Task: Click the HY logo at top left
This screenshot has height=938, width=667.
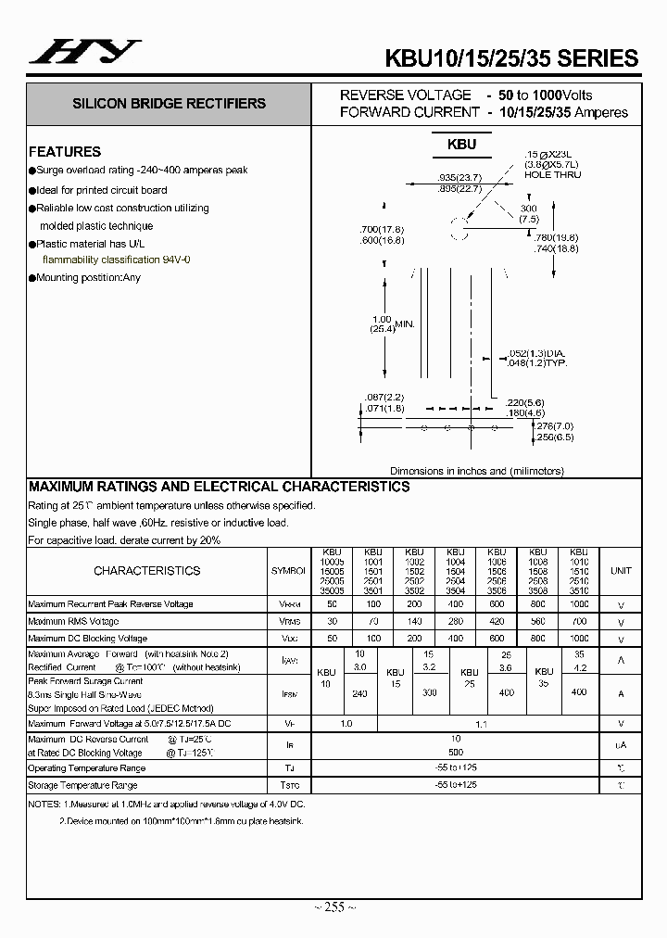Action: (x=85, y=52)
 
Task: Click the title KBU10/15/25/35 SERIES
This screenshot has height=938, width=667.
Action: (x=511, y=57)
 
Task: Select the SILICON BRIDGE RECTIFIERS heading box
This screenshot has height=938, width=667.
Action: (x=169, y=104)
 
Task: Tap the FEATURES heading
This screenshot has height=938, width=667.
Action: (x=65, y=151)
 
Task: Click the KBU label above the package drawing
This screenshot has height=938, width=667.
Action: (x=461, y=144)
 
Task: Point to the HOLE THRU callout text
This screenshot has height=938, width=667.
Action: (x=553, y=174)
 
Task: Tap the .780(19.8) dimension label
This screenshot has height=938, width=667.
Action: (x=557, y=236)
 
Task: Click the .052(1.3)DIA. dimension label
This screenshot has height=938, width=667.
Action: (x=537, y=354)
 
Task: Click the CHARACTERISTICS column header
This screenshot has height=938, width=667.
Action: (x=146, y=571)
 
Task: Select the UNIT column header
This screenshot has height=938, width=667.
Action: (x=620, y=571)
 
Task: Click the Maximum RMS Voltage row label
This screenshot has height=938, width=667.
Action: (x=74, y=621)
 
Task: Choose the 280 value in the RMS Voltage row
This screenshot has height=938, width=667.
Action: (x=456, y=621)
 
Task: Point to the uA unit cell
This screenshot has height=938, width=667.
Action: (x=620, y=746)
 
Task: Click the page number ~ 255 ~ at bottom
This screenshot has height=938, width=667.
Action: (x=333, y=907)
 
